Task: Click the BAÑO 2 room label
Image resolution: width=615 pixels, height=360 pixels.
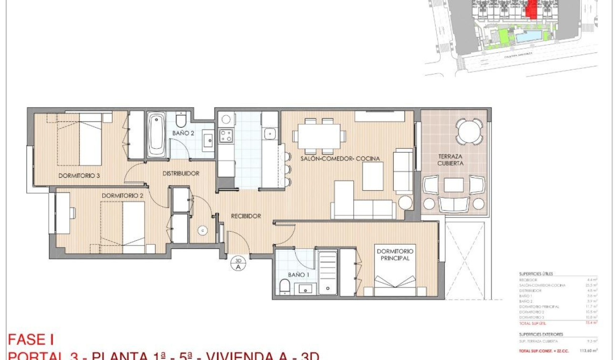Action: [x=183, y=134]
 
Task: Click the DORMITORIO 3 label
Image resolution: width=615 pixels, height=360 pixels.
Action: [x=79, y=175]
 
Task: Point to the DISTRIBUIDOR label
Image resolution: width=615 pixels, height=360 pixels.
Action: [x=181, y=173]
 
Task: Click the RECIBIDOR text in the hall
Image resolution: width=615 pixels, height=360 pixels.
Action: [x=246, y=216]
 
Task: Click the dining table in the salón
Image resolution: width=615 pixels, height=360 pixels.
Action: [x=318, y=135]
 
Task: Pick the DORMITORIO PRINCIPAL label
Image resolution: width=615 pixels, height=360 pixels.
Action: [x=395, y=255]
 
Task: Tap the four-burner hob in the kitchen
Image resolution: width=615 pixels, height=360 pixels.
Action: [x=225, y=136]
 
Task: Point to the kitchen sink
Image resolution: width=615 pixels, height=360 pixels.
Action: [x=270, y=133]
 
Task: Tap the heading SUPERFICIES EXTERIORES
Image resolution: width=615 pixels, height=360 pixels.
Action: [x=541, y=334]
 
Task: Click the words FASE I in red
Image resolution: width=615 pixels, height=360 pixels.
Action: [x=31, y=339]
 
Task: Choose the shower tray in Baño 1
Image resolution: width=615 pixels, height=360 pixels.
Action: [x=327, y=272]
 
